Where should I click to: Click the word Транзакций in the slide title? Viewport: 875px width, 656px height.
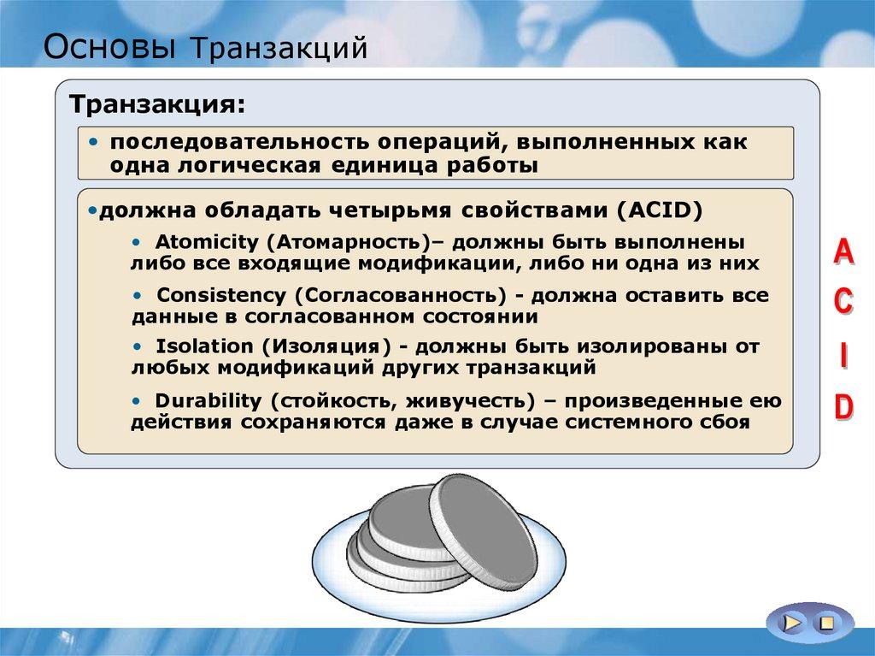point(283,48)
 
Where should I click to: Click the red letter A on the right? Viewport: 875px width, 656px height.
point(843,253)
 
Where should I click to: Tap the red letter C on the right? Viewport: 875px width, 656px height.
point(843,303)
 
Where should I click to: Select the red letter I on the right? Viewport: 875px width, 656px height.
point(843,355)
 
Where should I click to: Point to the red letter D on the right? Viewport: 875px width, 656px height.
point(843,407)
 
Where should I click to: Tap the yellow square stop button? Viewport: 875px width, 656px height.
point(826,623)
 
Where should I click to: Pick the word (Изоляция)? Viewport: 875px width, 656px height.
point(326,347)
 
